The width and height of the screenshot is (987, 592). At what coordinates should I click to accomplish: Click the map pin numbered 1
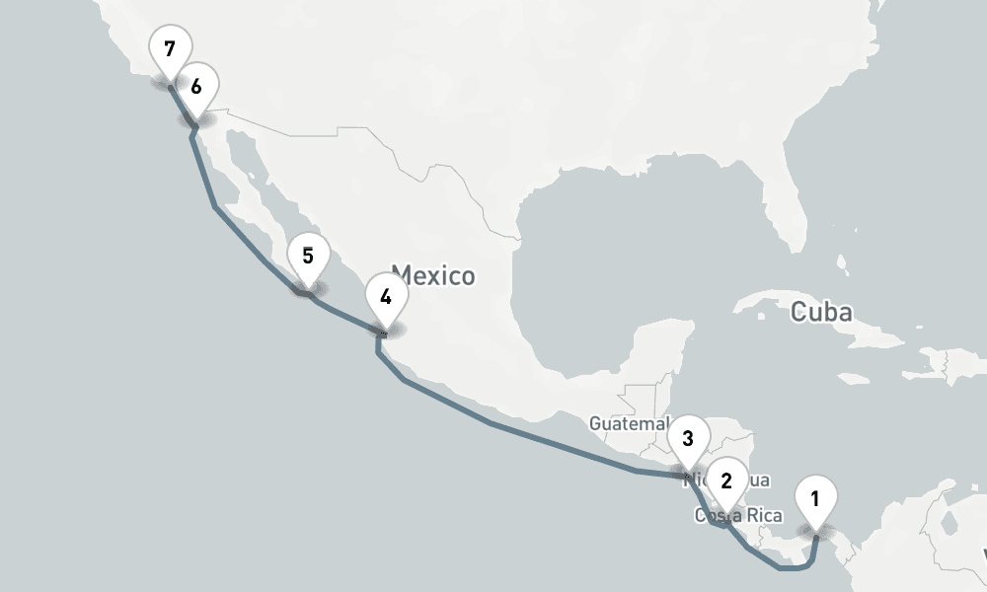click(x=815, y=499)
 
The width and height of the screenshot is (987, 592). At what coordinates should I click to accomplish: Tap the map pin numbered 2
click(x=727, y=481)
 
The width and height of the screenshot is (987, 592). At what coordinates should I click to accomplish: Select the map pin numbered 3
click(x=688, y=438)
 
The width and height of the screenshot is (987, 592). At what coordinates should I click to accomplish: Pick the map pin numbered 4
click(x=385, y=297)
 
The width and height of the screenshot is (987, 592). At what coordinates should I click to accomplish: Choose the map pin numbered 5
click(x=308, y=257)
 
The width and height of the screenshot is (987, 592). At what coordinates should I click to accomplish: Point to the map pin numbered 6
click(x=196, y=87)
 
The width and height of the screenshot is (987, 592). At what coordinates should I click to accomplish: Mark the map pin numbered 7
click(x=170, y=47)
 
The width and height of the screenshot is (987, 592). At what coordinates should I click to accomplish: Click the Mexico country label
click(x=433, y=275)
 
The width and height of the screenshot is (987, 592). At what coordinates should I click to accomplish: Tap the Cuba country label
click(x=821, y=313)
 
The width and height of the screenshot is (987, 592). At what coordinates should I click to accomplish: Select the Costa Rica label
click(x=738, y=516)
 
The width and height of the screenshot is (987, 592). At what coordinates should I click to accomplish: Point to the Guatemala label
click(x=629, y=423)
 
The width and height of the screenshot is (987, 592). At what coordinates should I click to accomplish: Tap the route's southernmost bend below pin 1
click(x=790, y=568)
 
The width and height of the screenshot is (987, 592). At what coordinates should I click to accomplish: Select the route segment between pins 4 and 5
click(x=345, y=315)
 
